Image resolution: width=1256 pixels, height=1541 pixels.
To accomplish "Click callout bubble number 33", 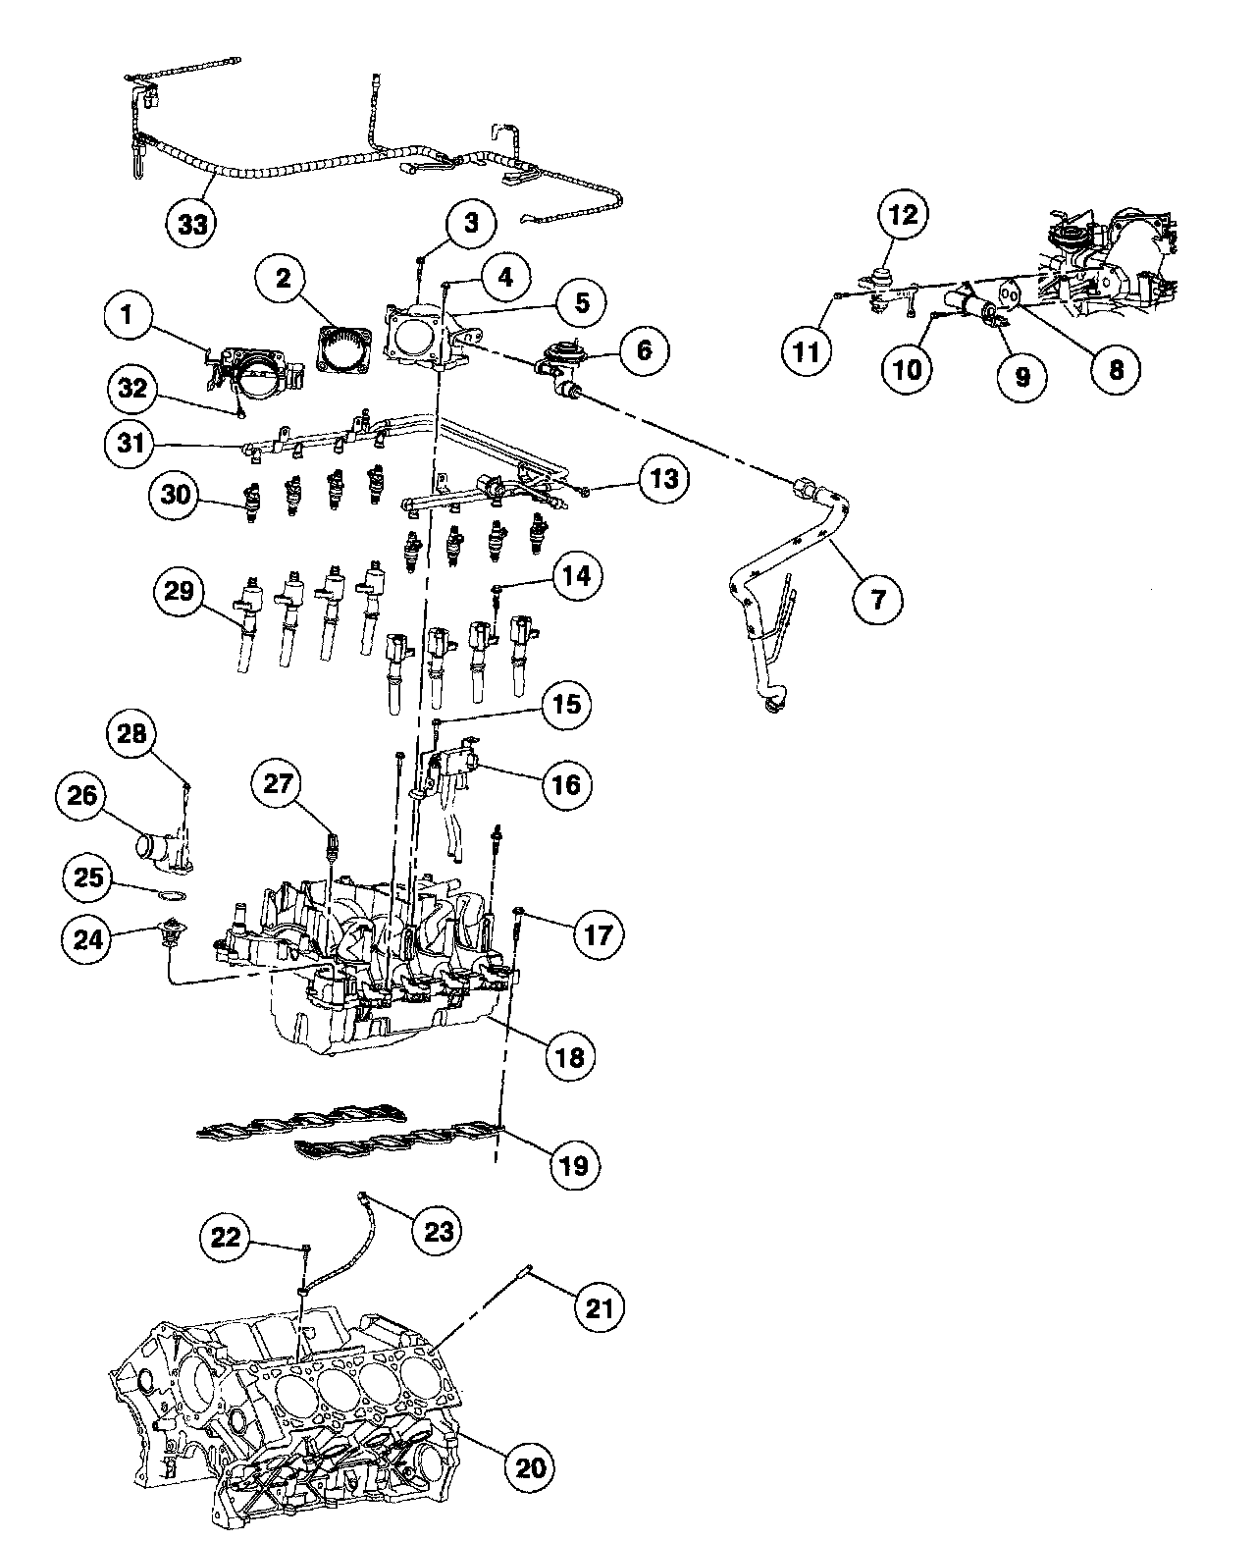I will point(193,224).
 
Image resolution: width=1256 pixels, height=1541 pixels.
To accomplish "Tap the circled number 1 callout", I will point(127,317).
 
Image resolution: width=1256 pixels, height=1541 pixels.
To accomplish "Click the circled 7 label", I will point(878,598).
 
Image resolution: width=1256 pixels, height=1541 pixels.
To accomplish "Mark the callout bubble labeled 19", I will point(573,1165).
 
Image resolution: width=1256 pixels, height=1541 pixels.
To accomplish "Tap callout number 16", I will point(567,783).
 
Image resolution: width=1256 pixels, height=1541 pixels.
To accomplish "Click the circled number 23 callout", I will point(438,1230).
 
